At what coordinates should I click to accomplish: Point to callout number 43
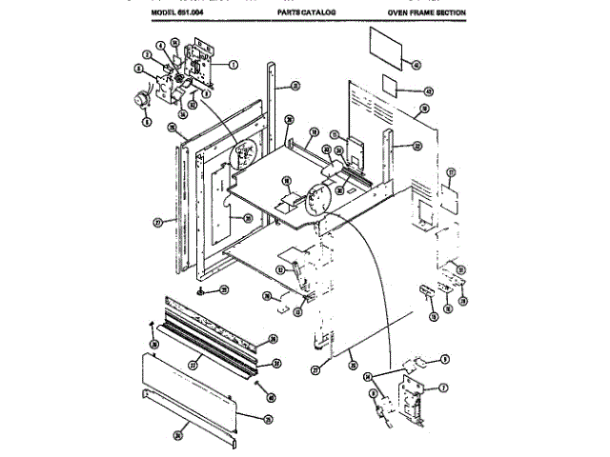pyautogui.click(x=428, y=91)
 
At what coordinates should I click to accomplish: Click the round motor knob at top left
pyautogui.click(x=143, y=95)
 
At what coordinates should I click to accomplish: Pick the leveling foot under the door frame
pyautogui.click(x=202, y=291)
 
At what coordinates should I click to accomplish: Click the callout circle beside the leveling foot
pyautogui.click(x=224, y=289)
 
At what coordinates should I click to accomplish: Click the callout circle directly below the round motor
pyautogui.click(x=147, y=122)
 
